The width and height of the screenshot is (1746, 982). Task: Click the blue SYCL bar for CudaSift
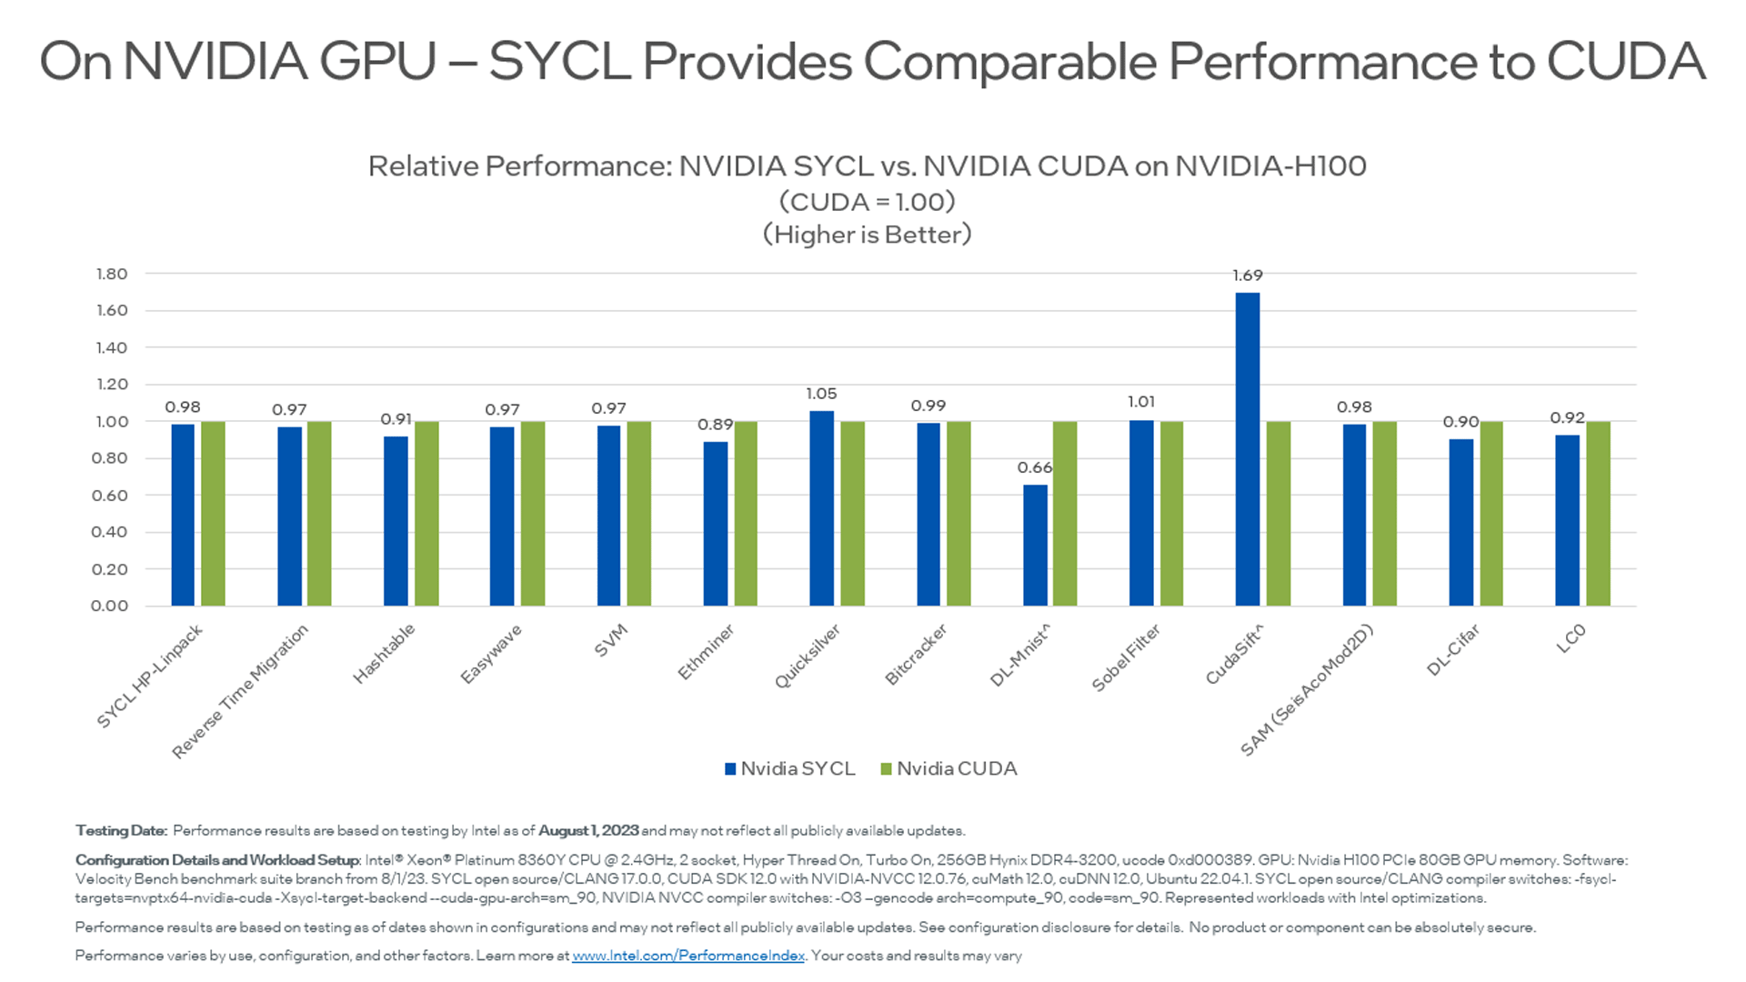(x=1247, y=449)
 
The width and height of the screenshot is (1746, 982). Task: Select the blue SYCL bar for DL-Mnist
(x=1035, y=546)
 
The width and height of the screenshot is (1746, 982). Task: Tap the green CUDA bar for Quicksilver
(x=852, y=514)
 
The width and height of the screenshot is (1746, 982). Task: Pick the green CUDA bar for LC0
(x=1598, y=514)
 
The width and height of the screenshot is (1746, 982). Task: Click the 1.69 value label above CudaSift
(x=1248, y=276)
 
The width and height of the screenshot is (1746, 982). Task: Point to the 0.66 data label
(x=1034, y=467)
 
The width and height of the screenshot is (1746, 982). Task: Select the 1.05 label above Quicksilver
(x=821, y=394)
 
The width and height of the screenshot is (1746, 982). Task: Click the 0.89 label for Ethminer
(x=715, y=425)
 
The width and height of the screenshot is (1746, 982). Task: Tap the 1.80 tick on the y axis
(x=111, y=274)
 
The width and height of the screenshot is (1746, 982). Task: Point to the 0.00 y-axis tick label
(x=109, y=606)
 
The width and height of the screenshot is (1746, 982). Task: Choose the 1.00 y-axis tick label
(x=111, y=422)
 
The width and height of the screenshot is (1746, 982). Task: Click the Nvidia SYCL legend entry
(x=789, y=769)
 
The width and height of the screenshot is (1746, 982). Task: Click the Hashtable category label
(x=384, y=654)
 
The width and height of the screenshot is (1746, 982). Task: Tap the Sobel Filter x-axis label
(x=1126, y=657)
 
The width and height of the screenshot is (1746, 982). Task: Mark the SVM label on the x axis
(x=610, y=640)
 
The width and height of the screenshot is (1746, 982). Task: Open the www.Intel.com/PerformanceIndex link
(x=688, y=956)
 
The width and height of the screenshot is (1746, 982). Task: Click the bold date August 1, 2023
(x=588, y=831)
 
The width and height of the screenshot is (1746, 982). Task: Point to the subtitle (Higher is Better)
(x=867, y=235)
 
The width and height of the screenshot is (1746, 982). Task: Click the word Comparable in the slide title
(x=1008, y=62)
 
